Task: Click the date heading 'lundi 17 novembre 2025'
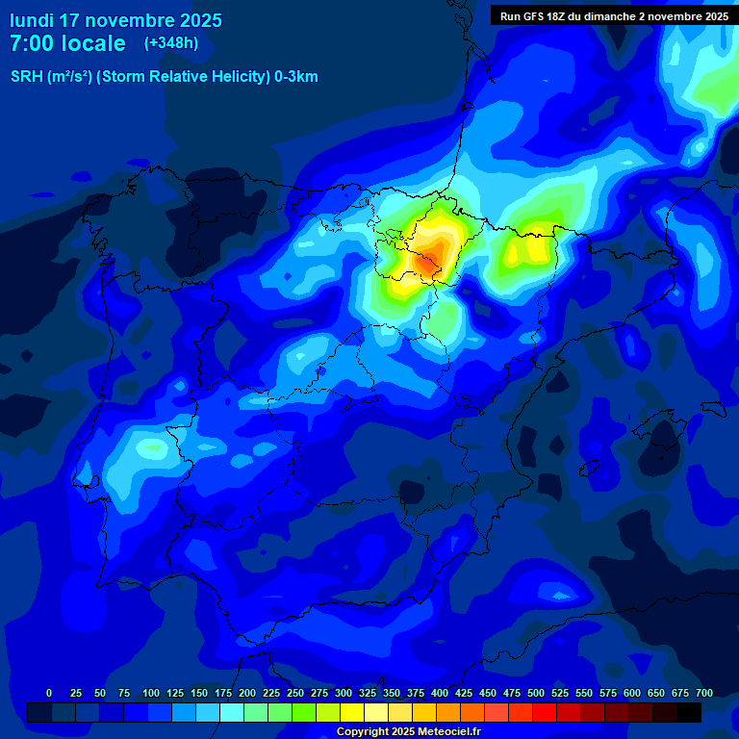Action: pyautogui.click(x=115, y=20)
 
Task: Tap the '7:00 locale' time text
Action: pyautogui.click(x=67, y=43)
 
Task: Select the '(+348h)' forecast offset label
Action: pyautogui.click(x=171, y=43)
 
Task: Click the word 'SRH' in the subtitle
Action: pyautogui.click(x=26, y=77)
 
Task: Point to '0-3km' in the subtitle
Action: pyautogui.click(x=295, y=77)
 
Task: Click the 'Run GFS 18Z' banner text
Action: pyautogui.click(x=532, y=15)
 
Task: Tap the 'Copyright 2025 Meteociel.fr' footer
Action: pyautogui.click(x=408, y=731)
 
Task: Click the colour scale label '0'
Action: pyautogui.click(x=49, y=693)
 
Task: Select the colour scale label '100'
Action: pyautogui.click(x=151, y=693)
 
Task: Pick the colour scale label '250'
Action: pyautogui.click(x=295, y=693)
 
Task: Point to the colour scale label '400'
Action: pyautogui.click(x=440, y=693)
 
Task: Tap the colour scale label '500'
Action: pyautogui.click(x=536, y=693)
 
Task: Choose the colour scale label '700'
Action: pyautogui.click(x=704, y=693)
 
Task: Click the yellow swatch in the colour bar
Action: pyautogui.click(x=352, y=712)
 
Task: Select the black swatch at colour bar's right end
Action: pyautogui.click(x=689, y=712)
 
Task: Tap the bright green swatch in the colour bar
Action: pyautogui.click(x=304, y=712)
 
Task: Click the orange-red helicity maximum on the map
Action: pyautogui.click(x=426, y=260)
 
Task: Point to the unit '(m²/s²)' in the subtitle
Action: pyautogui.click(x=69, y=77)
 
